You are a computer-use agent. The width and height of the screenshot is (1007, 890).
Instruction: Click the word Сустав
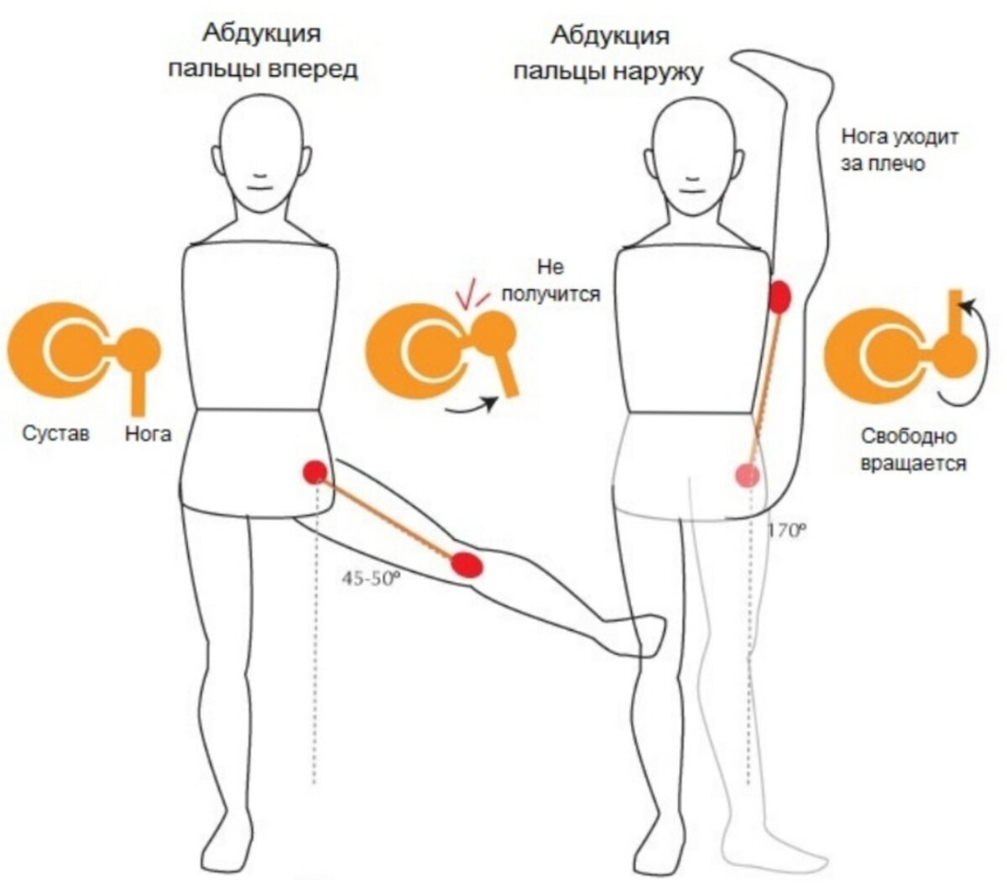coord(55,434)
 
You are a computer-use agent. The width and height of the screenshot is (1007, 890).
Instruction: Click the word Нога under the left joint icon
coord(148,434)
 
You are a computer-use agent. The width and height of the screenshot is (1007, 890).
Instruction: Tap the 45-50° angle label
coord(368,578)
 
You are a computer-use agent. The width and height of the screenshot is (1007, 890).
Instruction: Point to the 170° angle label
coord(786,530)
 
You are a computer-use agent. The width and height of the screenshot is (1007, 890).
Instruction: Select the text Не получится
coord(550,280)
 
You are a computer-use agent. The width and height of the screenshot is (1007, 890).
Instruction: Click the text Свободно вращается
coord(914,450)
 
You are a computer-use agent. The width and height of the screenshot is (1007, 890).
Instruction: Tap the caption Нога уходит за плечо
coord(899,149)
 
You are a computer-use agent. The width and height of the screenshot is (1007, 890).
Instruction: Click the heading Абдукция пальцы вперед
coord(263,52)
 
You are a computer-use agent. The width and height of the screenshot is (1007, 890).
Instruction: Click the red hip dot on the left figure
coord(315,472)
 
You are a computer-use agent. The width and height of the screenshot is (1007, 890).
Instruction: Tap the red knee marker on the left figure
coord(466,565)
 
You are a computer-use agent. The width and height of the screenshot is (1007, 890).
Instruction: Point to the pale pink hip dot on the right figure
coord(747,476)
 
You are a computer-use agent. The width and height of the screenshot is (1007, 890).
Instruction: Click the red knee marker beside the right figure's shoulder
coord(781,297)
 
